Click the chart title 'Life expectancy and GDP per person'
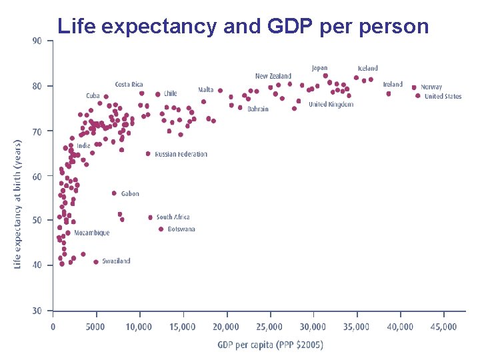tap(243, 26)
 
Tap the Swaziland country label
tap(116, 261)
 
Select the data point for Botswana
tap(161, 229)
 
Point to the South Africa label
tap(173, 217)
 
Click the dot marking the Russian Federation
tap(148, 154)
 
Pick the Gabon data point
tap(114, 193)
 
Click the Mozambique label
tap(92, 233)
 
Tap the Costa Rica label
tap(129, 85)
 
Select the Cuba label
tap(93, 96)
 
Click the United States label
tap(443, 97)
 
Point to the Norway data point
tap(414, 87)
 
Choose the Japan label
tap(320, 68)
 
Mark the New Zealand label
tap(273, 77)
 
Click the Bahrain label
tap(258, 109)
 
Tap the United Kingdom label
tap(331, 105)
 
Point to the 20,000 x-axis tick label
tap(226, 327)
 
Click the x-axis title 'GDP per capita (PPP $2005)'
tap(269, 345)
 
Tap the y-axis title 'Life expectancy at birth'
tap(18, 204)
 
